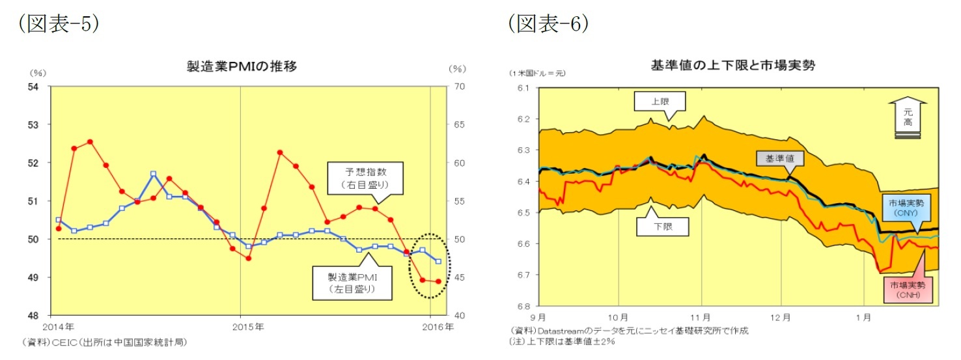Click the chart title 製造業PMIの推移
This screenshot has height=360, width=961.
tap(242, 66)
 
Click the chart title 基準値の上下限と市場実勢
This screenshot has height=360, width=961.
tap(732, 65)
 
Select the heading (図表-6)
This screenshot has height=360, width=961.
tap(548, 24)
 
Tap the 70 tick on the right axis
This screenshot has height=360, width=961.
tap(458, 86)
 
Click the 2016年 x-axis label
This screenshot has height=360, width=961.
tap(439, 325)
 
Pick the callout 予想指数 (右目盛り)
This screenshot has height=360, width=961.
tap(365, 178)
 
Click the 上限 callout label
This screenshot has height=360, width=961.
tap(660, 102)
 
